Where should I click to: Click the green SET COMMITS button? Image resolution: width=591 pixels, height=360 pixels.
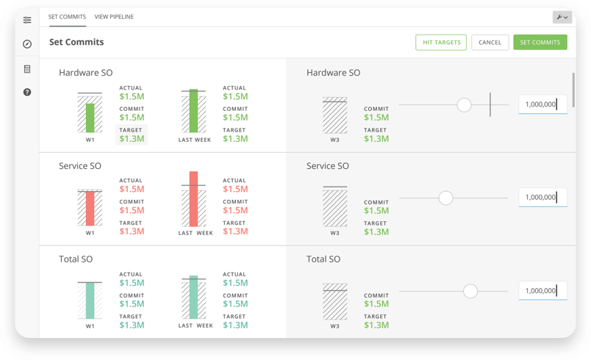pyautogui.click(x=540, y=43)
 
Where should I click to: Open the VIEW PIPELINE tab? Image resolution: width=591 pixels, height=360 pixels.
pyautogui.click(x=114, y=16)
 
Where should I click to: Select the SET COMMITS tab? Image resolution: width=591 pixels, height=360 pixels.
pyautogui.click(x=67, y=16)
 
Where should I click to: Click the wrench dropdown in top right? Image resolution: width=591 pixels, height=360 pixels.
pyautogui.click(x=562, y=17)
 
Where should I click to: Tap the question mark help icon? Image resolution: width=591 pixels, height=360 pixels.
pyautogui.click(x=27, y=93)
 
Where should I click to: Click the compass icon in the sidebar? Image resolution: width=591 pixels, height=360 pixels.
pyautogui.click(x=27, y=44)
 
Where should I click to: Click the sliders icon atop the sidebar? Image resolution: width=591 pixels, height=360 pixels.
pyautogui.click(x=27, y=20)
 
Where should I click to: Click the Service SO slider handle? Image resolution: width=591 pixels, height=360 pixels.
pyautogui.click(x=445, y=198)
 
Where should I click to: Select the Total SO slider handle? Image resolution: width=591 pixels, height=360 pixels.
pyautogui.click(x=470, y=292)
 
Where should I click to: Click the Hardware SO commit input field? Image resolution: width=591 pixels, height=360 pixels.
pyautogui.click(x=542, y=104)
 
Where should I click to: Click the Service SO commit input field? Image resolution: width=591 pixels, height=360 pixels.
pyautogui.click(x=542, y=197)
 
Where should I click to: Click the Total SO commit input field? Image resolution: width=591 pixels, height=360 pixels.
pyautogui.click(x=542, y=291)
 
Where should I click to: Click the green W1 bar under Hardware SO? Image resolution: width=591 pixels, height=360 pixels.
pyautogui.click(x=90, y=118)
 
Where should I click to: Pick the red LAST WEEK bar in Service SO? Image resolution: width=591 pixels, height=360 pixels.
pyautogui.click(x=193, y=199)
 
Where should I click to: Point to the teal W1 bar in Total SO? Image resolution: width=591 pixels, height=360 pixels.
pyautogui.click(x=90, y=301)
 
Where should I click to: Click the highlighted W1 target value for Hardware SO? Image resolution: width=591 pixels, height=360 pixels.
pyautogui.click(x=132, y=138)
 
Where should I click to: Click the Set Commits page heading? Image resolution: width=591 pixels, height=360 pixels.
pyautogui.click(x=76, y=43)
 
